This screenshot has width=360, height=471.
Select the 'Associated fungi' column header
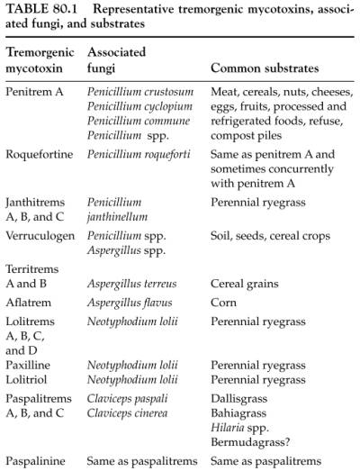[117, 60]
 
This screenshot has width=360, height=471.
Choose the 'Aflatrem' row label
[30, 304]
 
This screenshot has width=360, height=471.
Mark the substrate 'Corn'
[225, 304]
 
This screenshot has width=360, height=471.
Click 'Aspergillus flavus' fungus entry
[129, 304]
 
